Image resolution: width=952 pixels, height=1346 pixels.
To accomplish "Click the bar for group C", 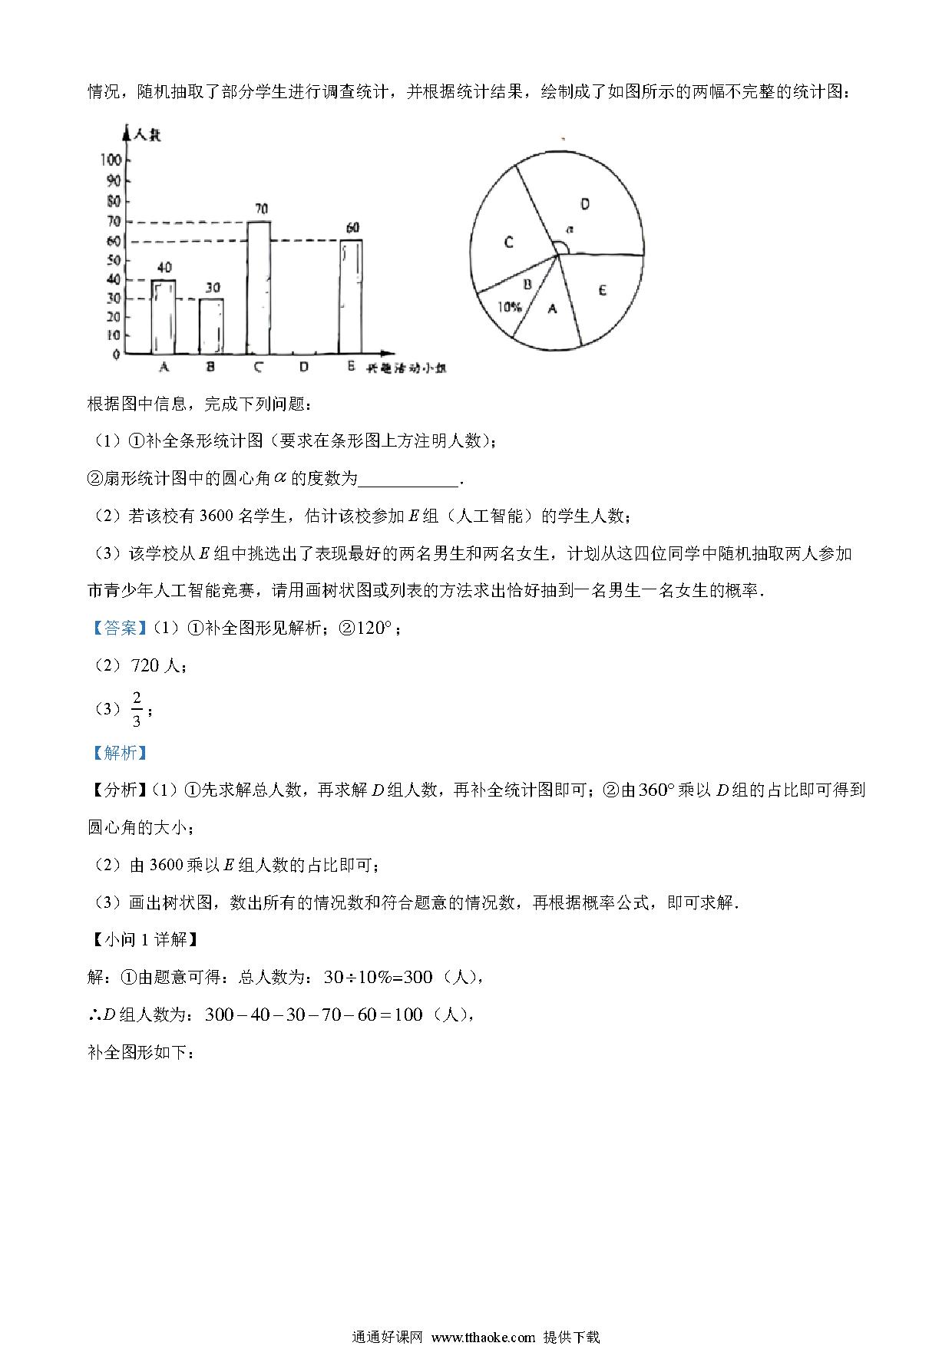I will (x=258, y=288).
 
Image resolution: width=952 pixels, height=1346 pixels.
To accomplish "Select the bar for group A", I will (x=164, y=316).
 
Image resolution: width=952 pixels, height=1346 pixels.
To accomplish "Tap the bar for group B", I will (x=211, y=326).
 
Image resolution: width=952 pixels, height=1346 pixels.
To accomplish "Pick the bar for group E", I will (x=350, y=296).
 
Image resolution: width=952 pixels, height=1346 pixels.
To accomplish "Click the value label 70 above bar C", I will (x=261, y=209).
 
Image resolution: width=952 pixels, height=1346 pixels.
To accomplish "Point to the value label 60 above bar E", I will (x=352, y=228).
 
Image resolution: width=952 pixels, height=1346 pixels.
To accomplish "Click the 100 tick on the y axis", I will (x=111, y=160).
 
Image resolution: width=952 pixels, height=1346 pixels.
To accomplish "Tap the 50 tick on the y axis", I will (x=114, y=259).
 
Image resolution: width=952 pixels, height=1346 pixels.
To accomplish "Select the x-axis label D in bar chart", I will (x=304, y=368).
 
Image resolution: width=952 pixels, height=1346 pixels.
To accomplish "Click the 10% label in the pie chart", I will (x=510, y=307).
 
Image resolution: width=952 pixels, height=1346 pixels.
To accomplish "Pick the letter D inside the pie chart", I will (x=585, y=204).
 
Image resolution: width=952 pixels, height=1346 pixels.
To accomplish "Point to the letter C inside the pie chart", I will (x=508, y=242).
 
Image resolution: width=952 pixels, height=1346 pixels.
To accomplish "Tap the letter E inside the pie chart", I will (x=603, y=290).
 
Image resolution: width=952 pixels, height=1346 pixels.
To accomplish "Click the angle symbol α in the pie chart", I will (x=569, y=229).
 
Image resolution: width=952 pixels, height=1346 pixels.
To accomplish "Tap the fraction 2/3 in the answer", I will (x=137, y=708).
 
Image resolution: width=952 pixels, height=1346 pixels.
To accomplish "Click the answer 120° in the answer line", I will (x=374, y=628).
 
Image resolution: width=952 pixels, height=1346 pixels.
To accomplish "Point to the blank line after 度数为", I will (x=408, y=480).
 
